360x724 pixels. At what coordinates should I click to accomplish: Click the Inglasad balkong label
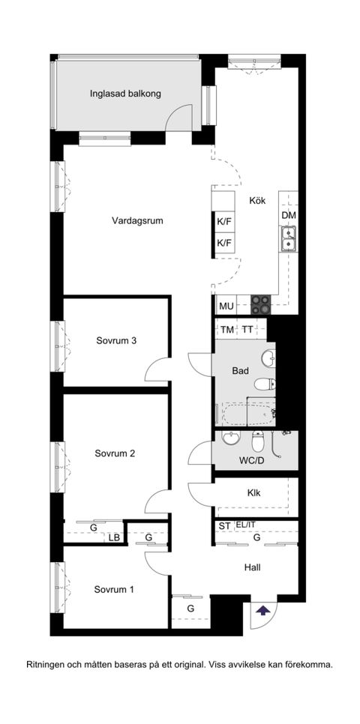pyautogui.click(x=125, y=94)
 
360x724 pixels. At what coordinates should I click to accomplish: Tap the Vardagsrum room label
pyautogui.click(x=138, y=220)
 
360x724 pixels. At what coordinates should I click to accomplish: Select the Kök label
pyautogui.click(x=257, y=201)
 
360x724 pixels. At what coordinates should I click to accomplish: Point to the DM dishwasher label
pyautogui.click(x=289, y=216)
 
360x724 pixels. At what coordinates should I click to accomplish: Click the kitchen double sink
pyautogui.click(x=288, y=238)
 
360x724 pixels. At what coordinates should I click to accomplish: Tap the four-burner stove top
pyautogui.click(x=260, y=305)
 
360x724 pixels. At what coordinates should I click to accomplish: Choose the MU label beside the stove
pyautogui.click(x=226, y=306)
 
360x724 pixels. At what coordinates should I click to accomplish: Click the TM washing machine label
pyautogui.click(x=227, y=330)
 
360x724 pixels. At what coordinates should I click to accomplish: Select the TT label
pyautogui.click(x=247, y=330)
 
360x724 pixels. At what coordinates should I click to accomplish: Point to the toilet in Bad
pyautogui.click(x=265, y=384)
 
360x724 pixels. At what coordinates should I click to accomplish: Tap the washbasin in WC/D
pyautogui.click(x=229, y=437)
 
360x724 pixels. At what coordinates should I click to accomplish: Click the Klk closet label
pyautogui.click(x=253, y=493)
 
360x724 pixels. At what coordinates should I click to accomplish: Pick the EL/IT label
pyautogui.click(x=245, y=525)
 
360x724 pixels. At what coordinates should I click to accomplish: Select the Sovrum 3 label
pyautogui.click(x=116, y=341)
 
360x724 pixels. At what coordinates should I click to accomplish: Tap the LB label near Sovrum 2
pyautogui.click(x=114, y=537)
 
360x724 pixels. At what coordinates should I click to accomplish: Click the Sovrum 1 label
pyautogui.click(x=114, y=590)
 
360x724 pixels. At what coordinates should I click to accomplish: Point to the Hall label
pyautogui.click(x=252, y=567)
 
